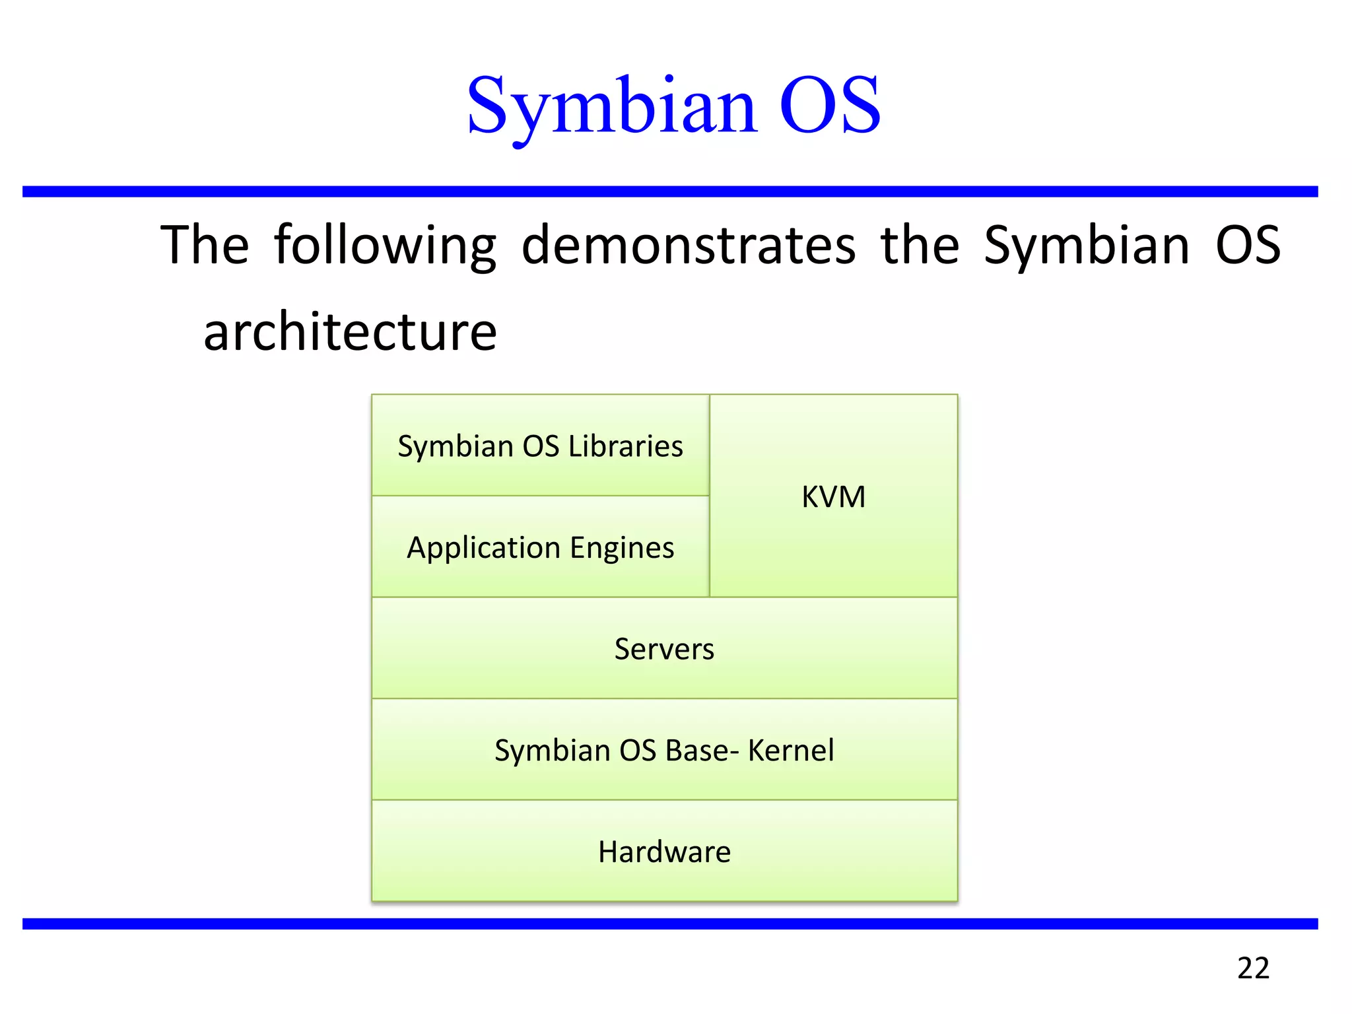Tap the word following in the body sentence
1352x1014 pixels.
385,246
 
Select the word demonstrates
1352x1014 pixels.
688,246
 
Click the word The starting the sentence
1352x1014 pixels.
205,246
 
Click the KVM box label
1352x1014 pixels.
833,497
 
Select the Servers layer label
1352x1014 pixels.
664,650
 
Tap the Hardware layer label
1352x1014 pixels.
664,852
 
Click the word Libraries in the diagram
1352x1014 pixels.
625,447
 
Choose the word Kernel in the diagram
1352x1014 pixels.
791,751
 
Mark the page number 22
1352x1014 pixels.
1253,968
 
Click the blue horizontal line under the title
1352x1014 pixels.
669,191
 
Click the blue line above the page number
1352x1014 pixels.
669,924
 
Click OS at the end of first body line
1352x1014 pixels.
1248,246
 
